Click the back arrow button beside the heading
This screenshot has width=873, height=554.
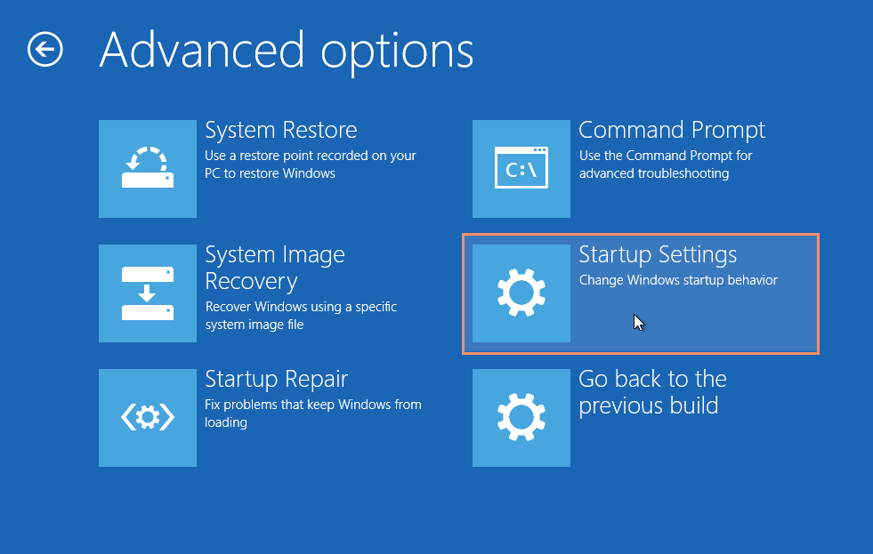point(45,50)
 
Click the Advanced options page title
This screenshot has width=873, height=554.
point(287,52)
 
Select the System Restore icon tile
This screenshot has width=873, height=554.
point(148,169)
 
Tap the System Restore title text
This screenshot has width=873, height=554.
point(280,130)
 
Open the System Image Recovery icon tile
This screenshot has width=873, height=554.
point(148,293)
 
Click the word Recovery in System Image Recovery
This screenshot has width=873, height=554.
point(251,282)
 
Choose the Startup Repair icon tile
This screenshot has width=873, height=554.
point(148,418)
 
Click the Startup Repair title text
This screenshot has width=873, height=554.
point(276,380)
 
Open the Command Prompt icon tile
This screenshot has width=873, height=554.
point(521,169)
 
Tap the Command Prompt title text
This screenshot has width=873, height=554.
point(672,131)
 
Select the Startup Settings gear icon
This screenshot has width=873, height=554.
point(521,293)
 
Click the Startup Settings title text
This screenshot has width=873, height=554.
point(658,255)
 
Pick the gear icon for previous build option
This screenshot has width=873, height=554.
point(521,418)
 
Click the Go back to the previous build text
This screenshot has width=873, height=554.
point(652,393)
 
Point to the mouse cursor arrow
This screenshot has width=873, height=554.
point(639,323)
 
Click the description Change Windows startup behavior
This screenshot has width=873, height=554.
point(678,280)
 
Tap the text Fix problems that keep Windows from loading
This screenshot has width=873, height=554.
point(313,413)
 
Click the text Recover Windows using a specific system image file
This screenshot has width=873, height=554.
point(301,316)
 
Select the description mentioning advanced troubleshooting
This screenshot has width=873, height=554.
point(666,165)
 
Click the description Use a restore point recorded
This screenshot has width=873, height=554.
point(310,165)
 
